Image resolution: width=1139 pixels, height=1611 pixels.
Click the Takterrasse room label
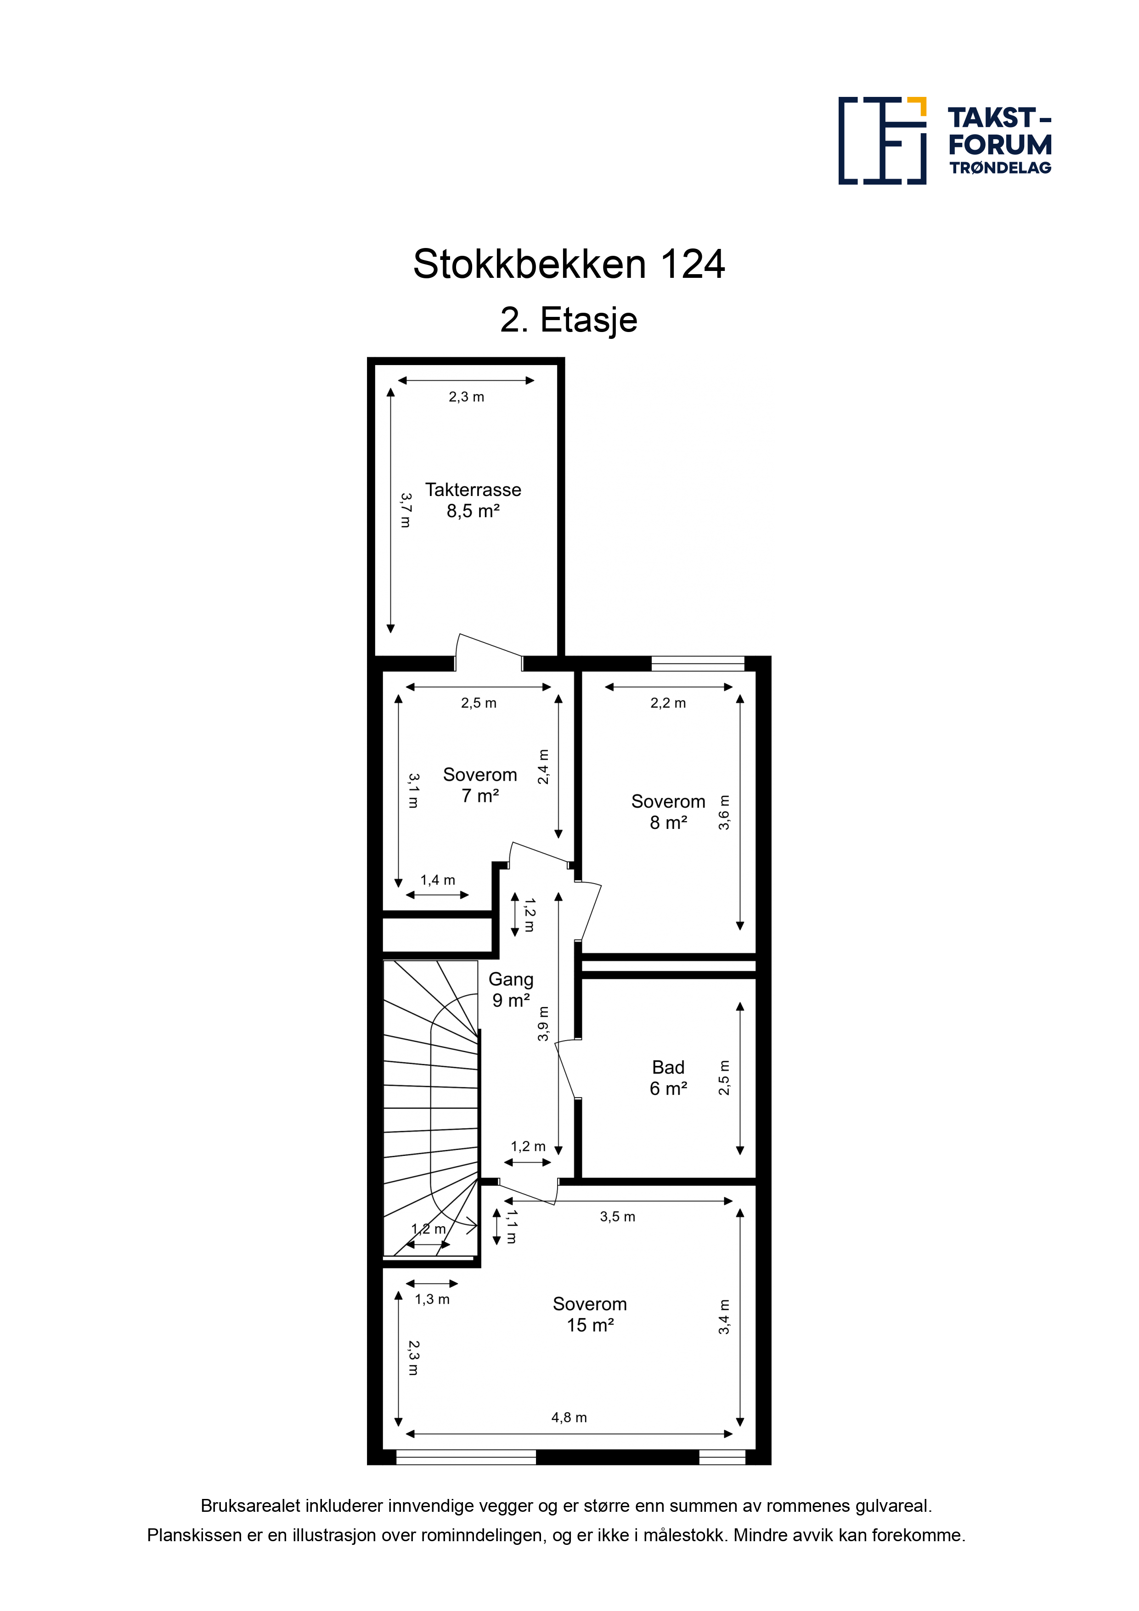tap(473, 489)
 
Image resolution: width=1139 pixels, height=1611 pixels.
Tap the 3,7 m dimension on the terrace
tap(406, 510)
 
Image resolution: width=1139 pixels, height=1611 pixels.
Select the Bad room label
tap(668, 1067)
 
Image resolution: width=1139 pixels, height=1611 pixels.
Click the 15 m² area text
tap(590, 1325)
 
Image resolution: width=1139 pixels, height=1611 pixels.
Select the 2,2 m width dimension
tap(668, 703)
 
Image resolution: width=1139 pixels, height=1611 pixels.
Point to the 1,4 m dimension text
tap(438, 880)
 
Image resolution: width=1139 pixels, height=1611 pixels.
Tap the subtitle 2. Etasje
tap(569, 320)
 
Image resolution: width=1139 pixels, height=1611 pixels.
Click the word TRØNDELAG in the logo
tap(1000, 168)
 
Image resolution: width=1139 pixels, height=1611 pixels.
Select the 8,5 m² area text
tap(473, 511)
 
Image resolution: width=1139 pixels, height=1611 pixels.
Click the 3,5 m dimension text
tap(618, 1217)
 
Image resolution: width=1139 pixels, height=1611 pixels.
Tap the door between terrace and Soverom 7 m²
tap(489, 653)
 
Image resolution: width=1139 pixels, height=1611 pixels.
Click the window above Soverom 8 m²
tap(698, 663)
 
